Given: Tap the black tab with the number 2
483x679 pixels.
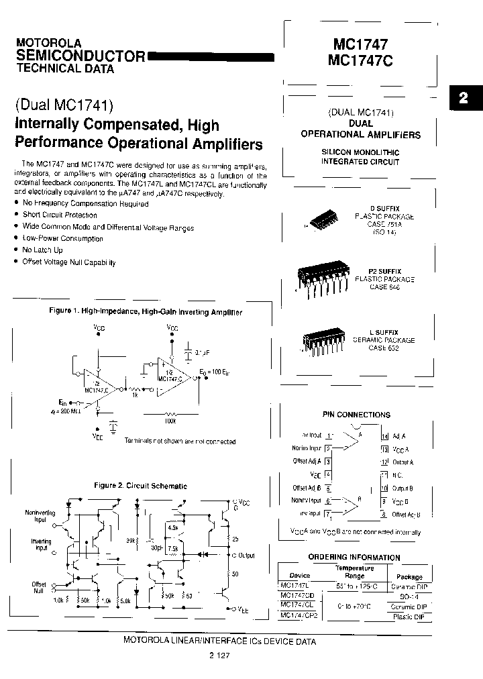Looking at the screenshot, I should point(464,98).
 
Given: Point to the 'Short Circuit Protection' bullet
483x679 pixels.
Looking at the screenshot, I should point(60,215).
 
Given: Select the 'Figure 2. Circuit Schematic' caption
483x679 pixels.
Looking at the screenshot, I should point(140,486).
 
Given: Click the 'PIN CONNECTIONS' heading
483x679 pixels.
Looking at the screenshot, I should point(356,415).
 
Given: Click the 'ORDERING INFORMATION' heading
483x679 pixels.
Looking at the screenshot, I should point(354,558).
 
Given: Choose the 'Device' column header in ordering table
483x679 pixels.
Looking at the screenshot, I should point(300,576).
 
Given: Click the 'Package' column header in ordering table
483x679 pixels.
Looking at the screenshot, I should point(409,576).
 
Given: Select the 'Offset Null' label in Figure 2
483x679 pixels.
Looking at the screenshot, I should point(39,588).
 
